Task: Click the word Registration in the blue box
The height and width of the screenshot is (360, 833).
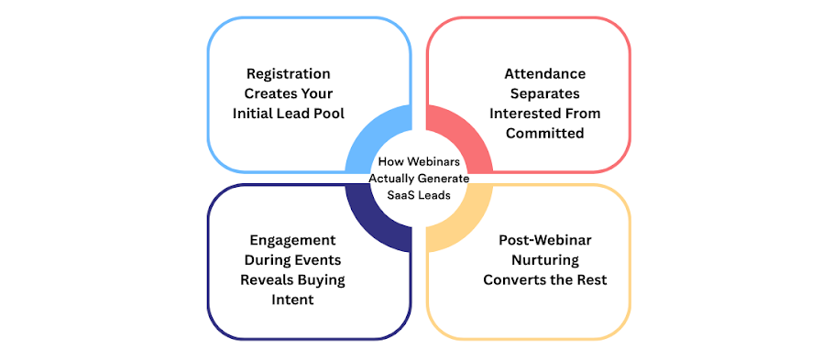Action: [x=288, y=73]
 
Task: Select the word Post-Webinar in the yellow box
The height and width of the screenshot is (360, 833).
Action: [x=541, y=240]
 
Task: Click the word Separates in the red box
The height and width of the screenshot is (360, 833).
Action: [x=548, y=93]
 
